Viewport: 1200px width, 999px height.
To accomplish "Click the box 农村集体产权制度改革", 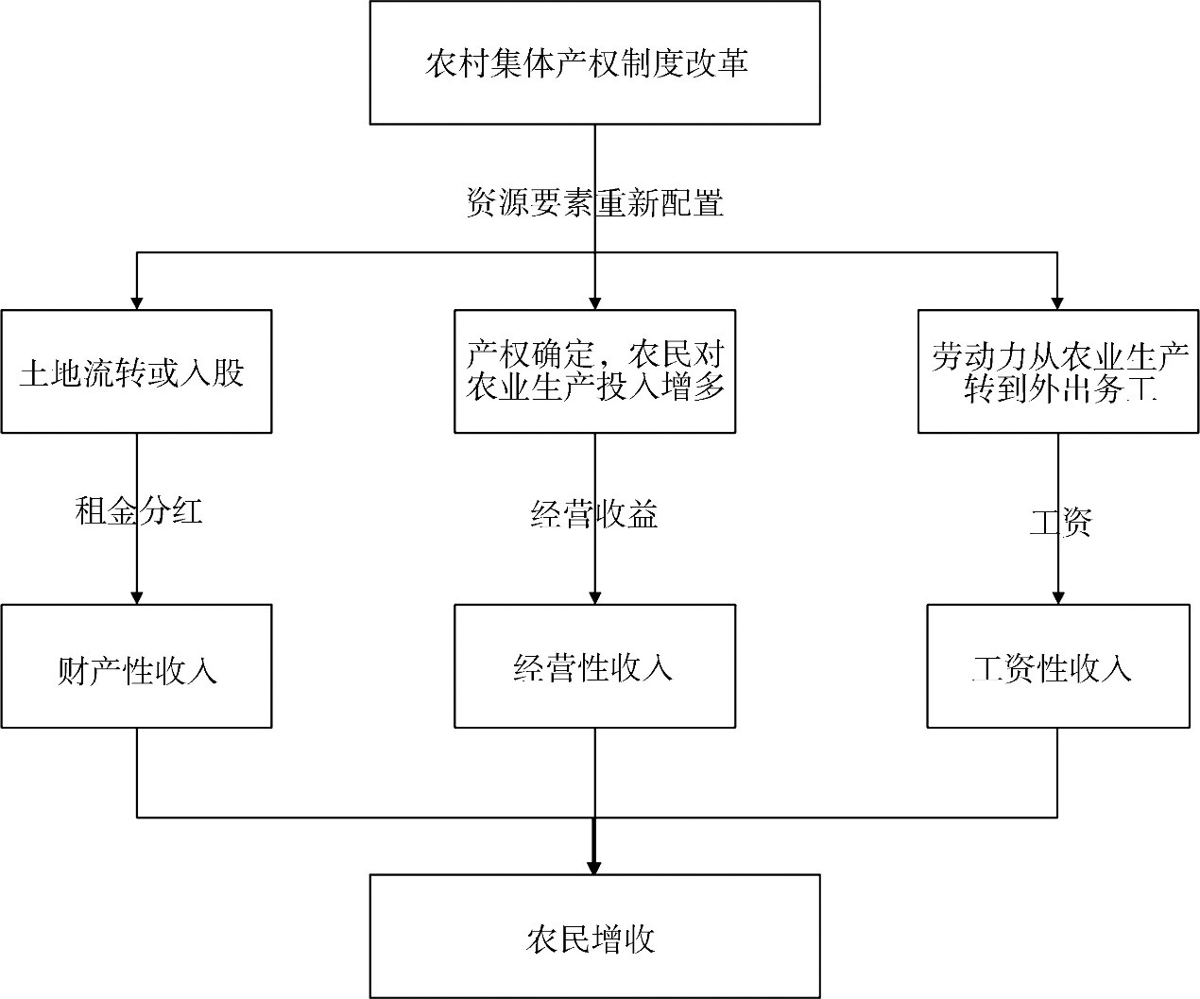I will pos(594,62).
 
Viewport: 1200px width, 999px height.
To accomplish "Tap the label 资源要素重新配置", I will pos(594,203).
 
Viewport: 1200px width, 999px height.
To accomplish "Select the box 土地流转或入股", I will pos(136,371).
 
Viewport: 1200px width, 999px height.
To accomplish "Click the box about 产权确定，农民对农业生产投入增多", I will pos(594,371).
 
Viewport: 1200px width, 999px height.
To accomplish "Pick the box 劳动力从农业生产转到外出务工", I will pos(1057,371).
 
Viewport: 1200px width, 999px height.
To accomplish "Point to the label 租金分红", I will pos(138,511).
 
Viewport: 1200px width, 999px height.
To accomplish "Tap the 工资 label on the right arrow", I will pos(1059,522).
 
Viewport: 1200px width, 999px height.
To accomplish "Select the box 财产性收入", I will pos(136,666).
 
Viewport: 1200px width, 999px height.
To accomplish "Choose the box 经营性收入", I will pos(594,666).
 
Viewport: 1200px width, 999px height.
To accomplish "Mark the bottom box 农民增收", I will pos(594,937).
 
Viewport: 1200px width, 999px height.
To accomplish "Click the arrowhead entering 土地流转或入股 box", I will pos(137,302).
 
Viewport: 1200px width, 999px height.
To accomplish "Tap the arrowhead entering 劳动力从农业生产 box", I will pos(1057,302).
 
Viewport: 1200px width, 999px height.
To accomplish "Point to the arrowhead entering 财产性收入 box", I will pos(137,597).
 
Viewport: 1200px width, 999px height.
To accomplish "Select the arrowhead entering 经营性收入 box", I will pos(594,597).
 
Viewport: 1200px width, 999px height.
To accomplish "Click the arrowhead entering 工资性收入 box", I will pos(1057,597).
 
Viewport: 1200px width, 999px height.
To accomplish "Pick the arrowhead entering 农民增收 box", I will pos(594,867).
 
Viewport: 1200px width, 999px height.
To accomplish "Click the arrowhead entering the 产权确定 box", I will pos(594,302).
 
